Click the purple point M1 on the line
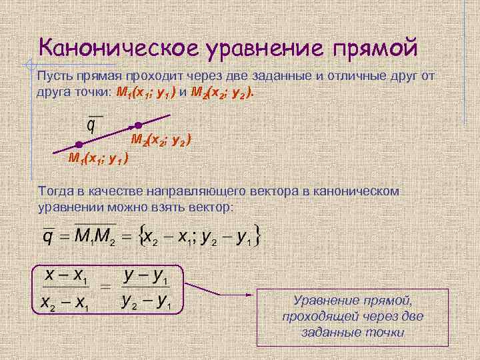79,145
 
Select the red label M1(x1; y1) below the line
99,158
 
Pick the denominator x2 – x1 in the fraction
65,303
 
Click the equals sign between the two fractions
105,288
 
